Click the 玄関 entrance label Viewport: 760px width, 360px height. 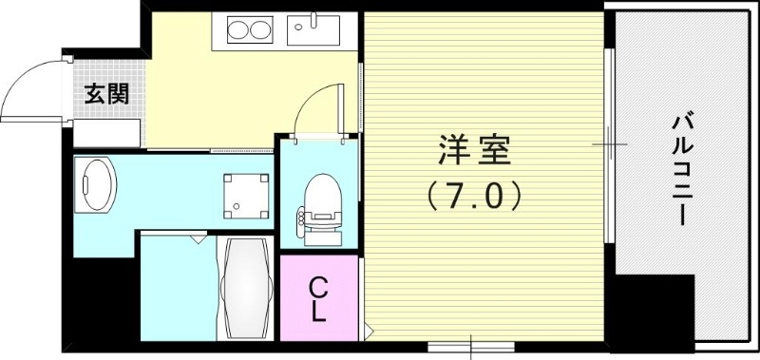pyautogui.click(x=105, y=94)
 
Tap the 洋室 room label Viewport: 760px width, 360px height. pyautogui.click(x=475, y=150)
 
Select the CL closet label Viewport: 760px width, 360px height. pyautogui.click(x=319, y=298)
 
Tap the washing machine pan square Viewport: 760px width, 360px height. pyautogui.click(x=245, y=196)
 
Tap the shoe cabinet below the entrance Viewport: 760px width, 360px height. pyautogui.click(x=107, y=133)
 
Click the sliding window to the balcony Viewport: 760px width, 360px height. pyautogui.click(x=609, y=142)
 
